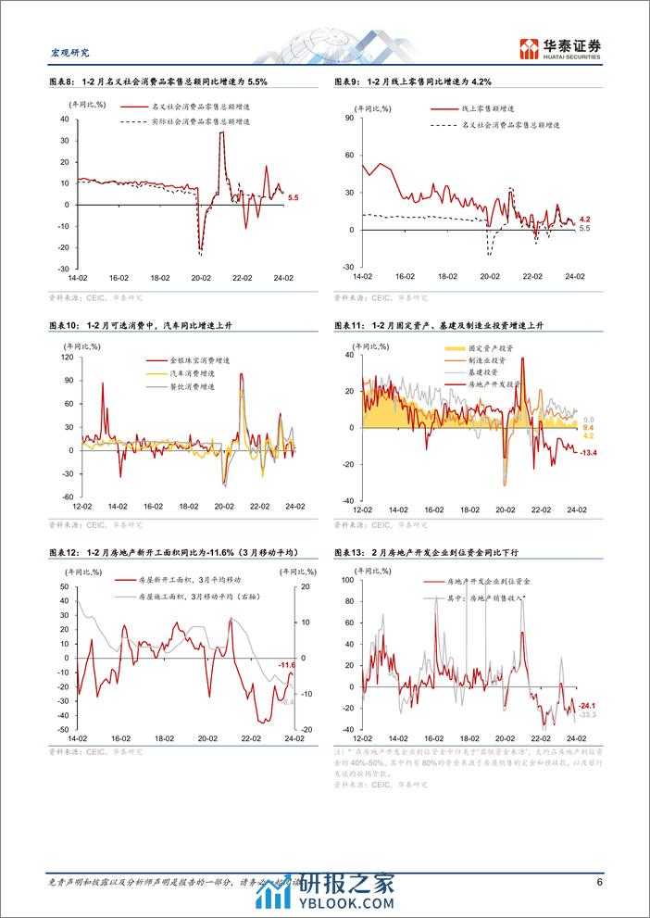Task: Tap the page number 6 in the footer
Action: (x=599, y=882)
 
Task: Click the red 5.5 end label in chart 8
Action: (x=293, y=198)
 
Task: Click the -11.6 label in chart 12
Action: (x=287, y=665)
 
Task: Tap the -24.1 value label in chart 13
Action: (x=586, y=706)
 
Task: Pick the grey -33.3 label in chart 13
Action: (x=586, y=715)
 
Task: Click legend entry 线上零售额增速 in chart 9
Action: (x=489, y=108)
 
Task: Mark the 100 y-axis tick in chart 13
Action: (x=349, y=579)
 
